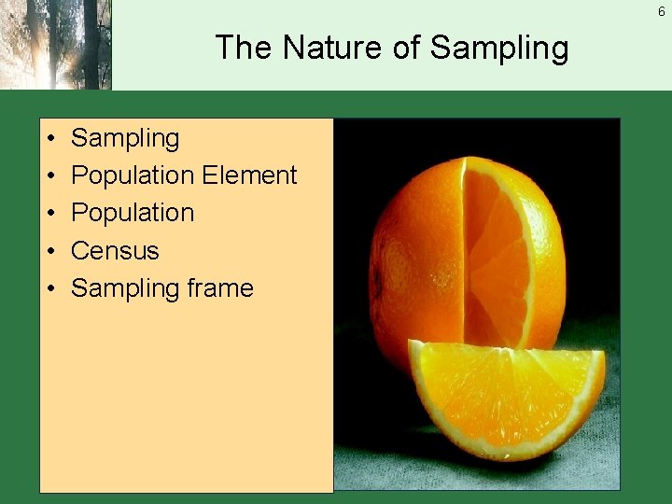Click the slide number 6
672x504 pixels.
661,12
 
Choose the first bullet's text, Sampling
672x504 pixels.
125,139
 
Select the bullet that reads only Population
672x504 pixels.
132,213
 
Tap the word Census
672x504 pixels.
115,251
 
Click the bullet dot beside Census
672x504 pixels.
48,251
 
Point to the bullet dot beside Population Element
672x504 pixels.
48,175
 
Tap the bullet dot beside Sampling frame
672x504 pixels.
48,288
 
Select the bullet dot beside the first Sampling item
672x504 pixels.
48,138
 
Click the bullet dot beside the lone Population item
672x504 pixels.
48,213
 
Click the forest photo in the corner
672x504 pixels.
55,44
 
